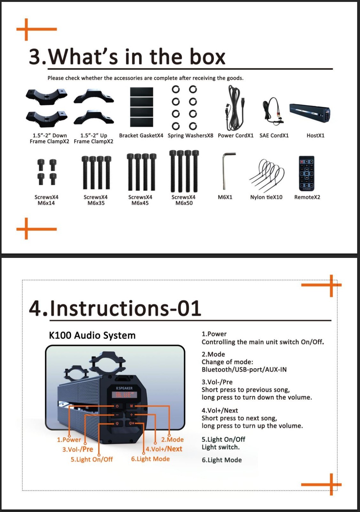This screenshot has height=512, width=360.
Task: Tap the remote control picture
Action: click(x=307, y=173)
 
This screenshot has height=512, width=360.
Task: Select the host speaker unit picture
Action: click(x=309, y=113)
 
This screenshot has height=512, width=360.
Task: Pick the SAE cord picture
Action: click(x=273, y=110)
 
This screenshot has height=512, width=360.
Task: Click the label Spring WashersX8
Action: click(x=190, y=135)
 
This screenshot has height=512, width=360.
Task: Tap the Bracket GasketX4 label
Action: click(x=141, y=135)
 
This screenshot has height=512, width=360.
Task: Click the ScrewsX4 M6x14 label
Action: click(x=46, y=200)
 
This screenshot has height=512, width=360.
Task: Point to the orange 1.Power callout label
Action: click(x=69, y=440)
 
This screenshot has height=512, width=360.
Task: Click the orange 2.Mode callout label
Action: click(x=172, y=440)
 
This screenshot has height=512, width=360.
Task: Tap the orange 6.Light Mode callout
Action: click(x=150, y=459)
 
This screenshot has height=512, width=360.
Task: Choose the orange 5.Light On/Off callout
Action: click(x=92, y=460)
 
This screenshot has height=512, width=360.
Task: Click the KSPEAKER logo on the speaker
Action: click(x=124, y=388)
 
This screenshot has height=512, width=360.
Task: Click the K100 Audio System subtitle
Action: click(x=92, y=335)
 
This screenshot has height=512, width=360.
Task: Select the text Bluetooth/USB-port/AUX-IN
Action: click(x=244, y=370)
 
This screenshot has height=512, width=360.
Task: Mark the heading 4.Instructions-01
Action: click(x=115, y=308)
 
